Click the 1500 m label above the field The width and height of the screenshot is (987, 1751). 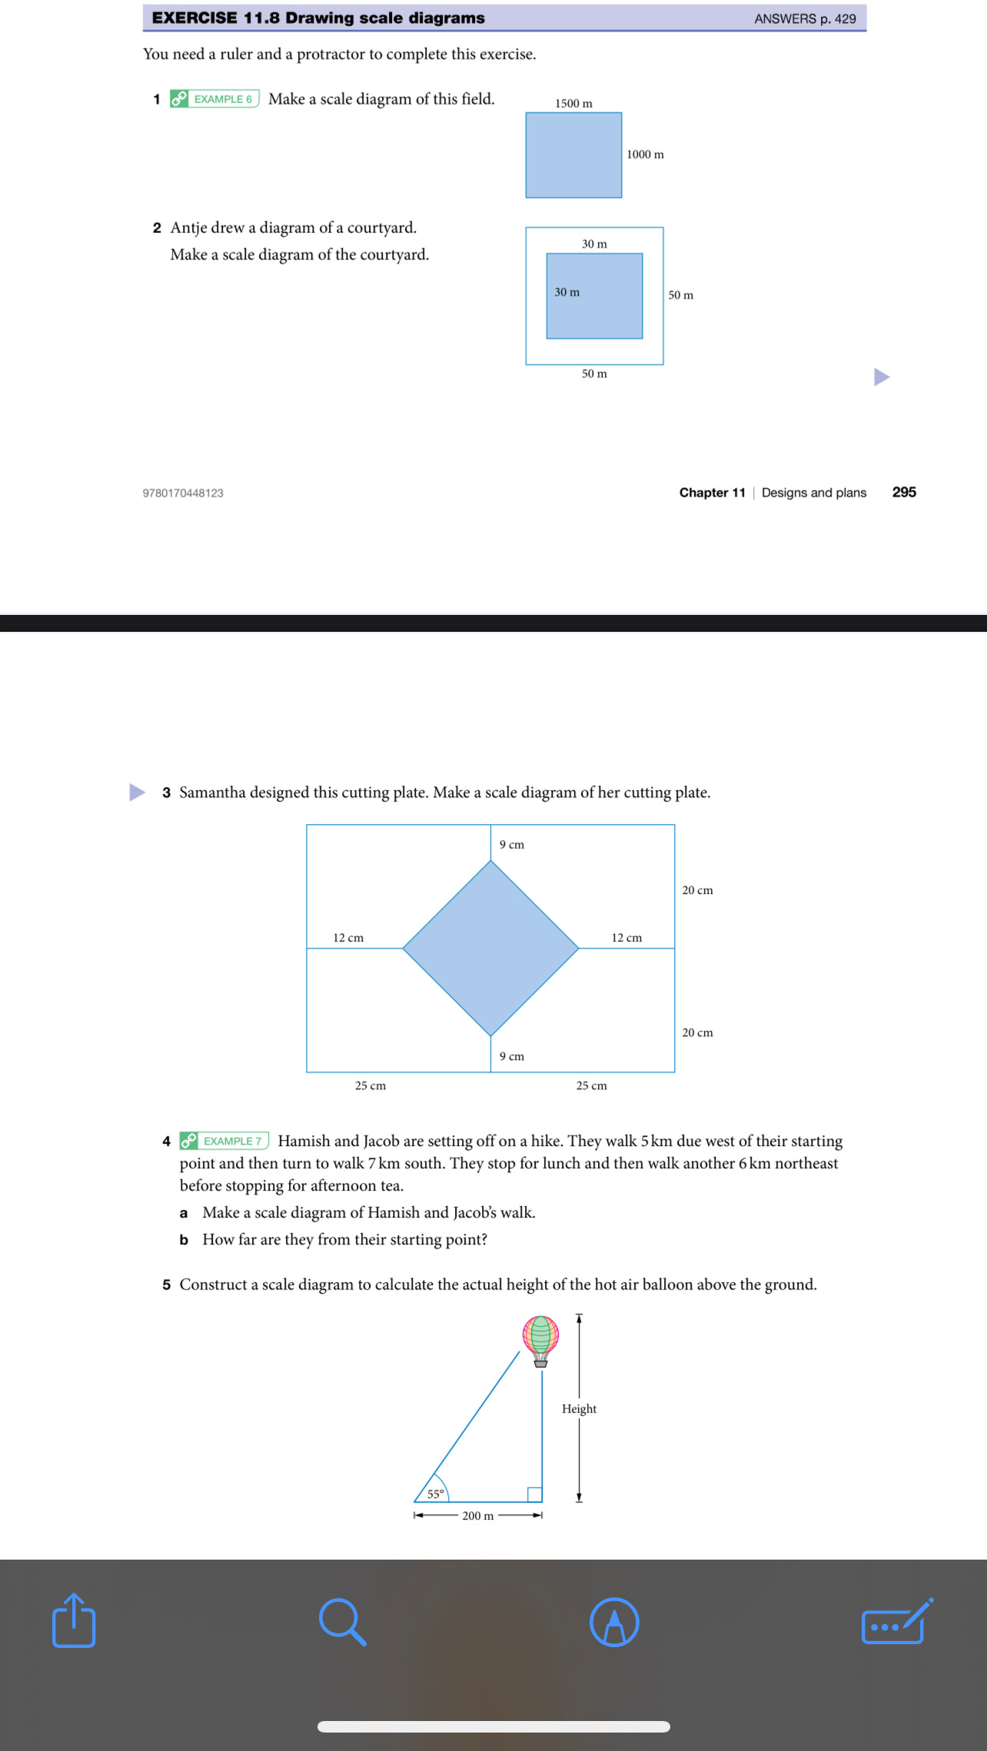(x=573, y=104)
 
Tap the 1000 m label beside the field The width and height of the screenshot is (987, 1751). (x=645, y=154)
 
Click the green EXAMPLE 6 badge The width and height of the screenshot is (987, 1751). (x=214, y=99)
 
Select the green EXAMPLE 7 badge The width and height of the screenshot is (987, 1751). (x=224, y=1141)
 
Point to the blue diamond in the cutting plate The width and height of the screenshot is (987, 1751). (x=490, y=948)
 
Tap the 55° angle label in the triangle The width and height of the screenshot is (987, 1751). (x=435, y=1494)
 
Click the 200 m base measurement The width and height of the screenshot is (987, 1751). (x=477, y=1516)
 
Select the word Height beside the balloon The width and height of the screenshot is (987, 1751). (x=579, y=1408)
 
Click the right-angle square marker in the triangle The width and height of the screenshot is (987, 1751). (x=534, y=1494)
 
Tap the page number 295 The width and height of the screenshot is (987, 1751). (x=904, y=492)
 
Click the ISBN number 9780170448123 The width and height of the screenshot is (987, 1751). (x=183, y=493)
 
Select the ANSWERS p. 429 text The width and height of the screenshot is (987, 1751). (x=805, y=18)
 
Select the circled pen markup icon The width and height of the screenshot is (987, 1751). (x=614, y=1622)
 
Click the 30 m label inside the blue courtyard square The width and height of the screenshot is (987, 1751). (x=567, y=292)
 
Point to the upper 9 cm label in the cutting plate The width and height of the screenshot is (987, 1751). (x=512, y=845)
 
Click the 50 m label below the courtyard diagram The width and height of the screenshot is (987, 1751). (x=594, y=374)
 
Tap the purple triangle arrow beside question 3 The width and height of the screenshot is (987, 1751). (x=137, y=792)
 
